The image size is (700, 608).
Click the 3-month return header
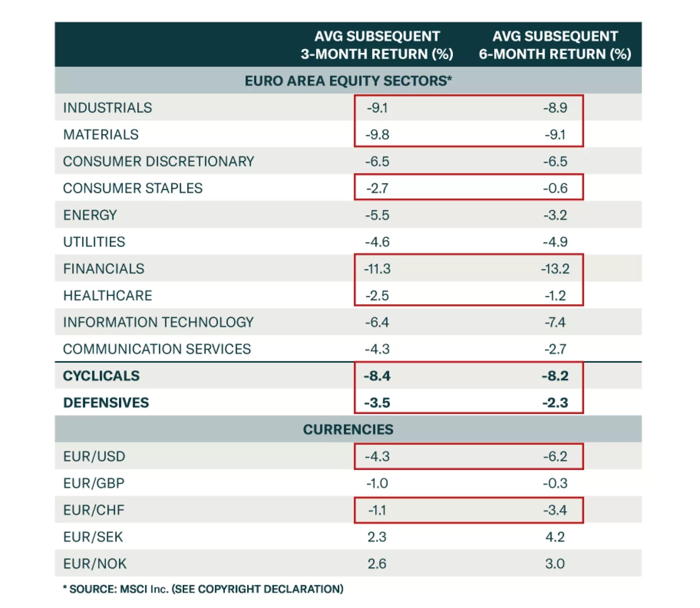377,45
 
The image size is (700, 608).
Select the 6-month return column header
555,45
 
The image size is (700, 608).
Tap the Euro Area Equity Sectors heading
348,81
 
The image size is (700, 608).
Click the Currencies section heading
348,429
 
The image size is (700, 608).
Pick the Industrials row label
108,108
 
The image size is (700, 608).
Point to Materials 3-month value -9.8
377,135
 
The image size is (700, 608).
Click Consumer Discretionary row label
158,161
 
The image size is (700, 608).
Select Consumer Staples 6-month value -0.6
555,188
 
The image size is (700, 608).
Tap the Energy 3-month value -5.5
377,215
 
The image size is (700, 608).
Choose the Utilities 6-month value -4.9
555,242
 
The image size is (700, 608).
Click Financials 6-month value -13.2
555,268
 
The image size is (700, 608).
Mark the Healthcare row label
108,295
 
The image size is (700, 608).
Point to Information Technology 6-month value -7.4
555,322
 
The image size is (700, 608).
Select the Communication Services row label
157,349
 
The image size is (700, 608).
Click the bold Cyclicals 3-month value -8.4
377,376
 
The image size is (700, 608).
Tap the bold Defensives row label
106,403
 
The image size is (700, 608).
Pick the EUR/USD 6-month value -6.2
555,456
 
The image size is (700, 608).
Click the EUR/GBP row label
94,483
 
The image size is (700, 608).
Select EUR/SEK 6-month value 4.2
555,537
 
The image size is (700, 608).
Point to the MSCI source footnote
203,589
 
